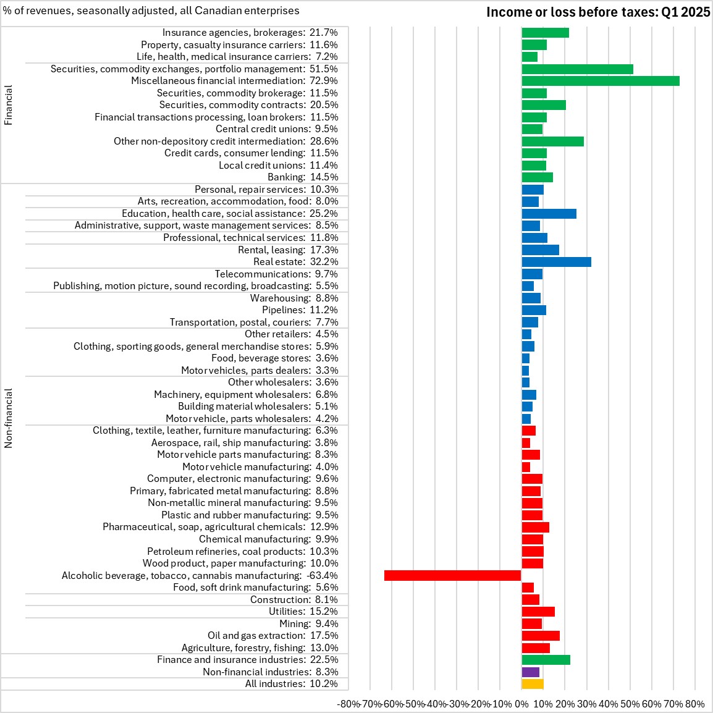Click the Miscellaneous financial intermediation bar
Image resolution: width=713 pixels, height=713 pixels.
(x=600, y=81)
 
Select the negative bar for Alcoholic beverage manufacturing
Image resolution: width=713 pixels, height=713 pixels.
(x=452, y=575)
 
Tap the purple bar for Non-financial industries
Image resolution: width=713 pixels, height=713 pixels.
(x=530, y=672)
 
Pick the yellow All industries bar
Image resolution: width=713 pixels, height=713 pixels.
(x=532, y=684)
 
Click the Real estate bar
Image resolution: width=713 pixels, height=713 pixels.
(x=556, y=262)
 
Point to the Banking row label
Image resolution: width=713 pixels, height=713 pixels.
(x=303, y=177)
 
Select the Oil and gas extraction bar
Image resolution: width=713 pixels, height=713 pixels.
(x=540, y=636)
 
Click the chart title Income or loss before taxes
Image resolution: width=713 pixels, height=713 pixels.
(x=597, y=12)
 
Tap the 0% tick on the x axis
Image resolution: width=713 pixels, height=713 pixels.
(x=521, y=704)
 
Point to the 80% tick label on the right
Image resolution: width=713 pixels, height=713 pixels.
(x=694, y=704)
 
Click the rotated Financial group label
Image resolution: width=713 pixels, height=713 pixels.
(x=9, y=105)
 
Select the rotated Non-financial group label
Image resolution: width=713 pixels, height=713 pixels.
(x=9, y=418)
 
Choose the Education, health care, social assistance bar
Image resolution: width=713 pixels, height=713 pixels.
(x=549, y=214)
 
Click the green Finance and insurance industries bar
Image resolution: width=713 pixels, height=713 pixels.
(x=546, y=660)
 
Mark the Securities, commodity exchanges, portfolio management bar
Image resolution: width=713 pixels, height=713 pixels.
(x=577, y=69)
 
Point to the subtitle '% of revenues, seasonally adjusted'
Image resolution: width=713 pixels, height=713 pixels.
(x=151, y=11)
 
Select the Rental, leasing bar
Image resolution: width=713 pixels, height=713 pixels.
(x=540, y=250)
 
